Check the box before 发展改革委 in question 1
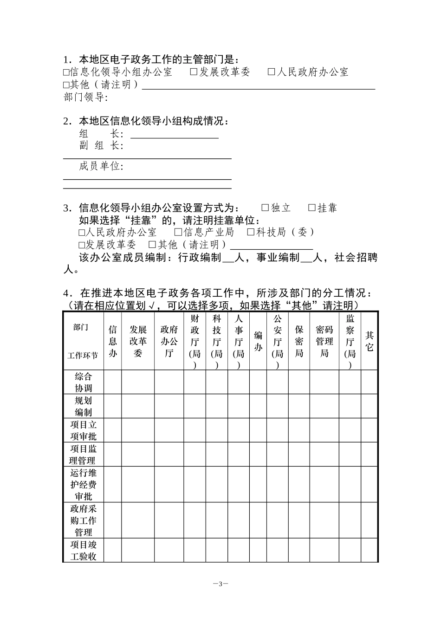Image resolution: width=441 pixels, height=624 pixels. click(195, 72)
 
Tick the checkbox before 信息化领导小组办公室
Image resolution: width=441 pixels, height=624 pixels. click(66, 72)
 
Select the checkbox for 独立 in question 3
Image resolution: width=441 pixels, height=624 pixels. click(266, 208)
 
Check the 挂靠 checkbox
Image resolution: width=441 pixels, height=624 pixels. click(312, 208)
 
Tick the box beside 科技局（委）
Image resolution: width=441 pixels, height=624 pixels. click(251, 232)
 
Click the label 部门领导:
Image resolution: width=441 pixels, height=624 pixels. click(85, 97)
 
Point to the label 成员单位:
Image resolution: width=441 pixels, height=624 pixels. click(101, 166)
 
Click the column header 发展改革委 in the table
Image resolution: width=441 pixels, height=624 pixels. click(138, 341)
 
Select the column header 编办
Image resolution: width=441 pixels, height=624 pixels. click(258, 341)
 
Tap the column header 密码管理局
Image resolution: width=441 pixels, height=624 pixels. click(324, 341)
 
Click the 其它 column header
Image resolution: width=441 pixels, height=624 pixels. click(370, 341)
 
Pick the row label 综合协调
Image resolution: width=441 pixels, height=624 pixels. click(84, 382)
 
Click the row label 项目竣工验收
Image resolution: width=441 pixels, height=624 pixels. click(84, 550)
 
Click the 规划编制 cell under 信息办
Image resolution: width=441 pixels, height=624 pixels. click(113, 406)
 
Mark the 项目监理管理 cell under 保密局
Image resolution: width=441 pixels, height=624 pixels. click(299, 455)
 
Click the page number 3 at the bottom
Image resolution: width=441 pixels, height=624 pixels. click(221, 584)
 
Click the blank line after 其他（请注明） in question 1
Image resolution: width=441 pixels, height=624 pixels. click(258, 86)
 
